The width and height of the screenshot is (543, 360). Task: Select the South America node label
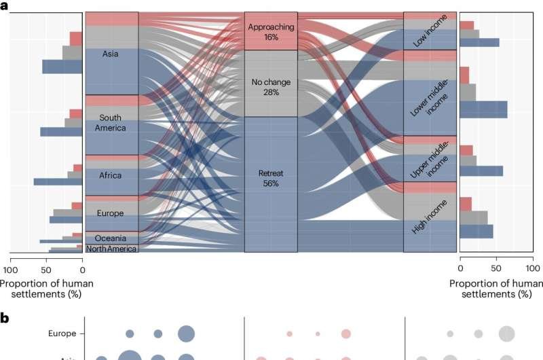pos(111,123)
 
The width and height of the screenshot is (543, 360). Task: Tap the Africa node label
pos(111,175)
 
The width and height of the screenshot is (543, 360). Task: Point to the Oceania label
pos(110,238)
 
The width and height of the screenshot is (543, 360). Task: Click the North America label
pos(112,249)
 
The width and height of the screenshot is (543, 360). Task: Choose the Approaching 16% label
pos(271,32)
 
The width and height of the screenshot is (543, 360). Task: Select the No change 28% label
pos(271,86)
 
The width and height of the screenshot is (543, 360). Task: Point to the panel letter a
pos(4,5)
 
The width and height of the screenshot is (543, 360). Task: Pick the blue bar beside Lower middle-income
pos(483,109)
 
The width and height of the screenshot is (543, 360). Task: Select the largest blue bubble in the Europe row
pos(186,334)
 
